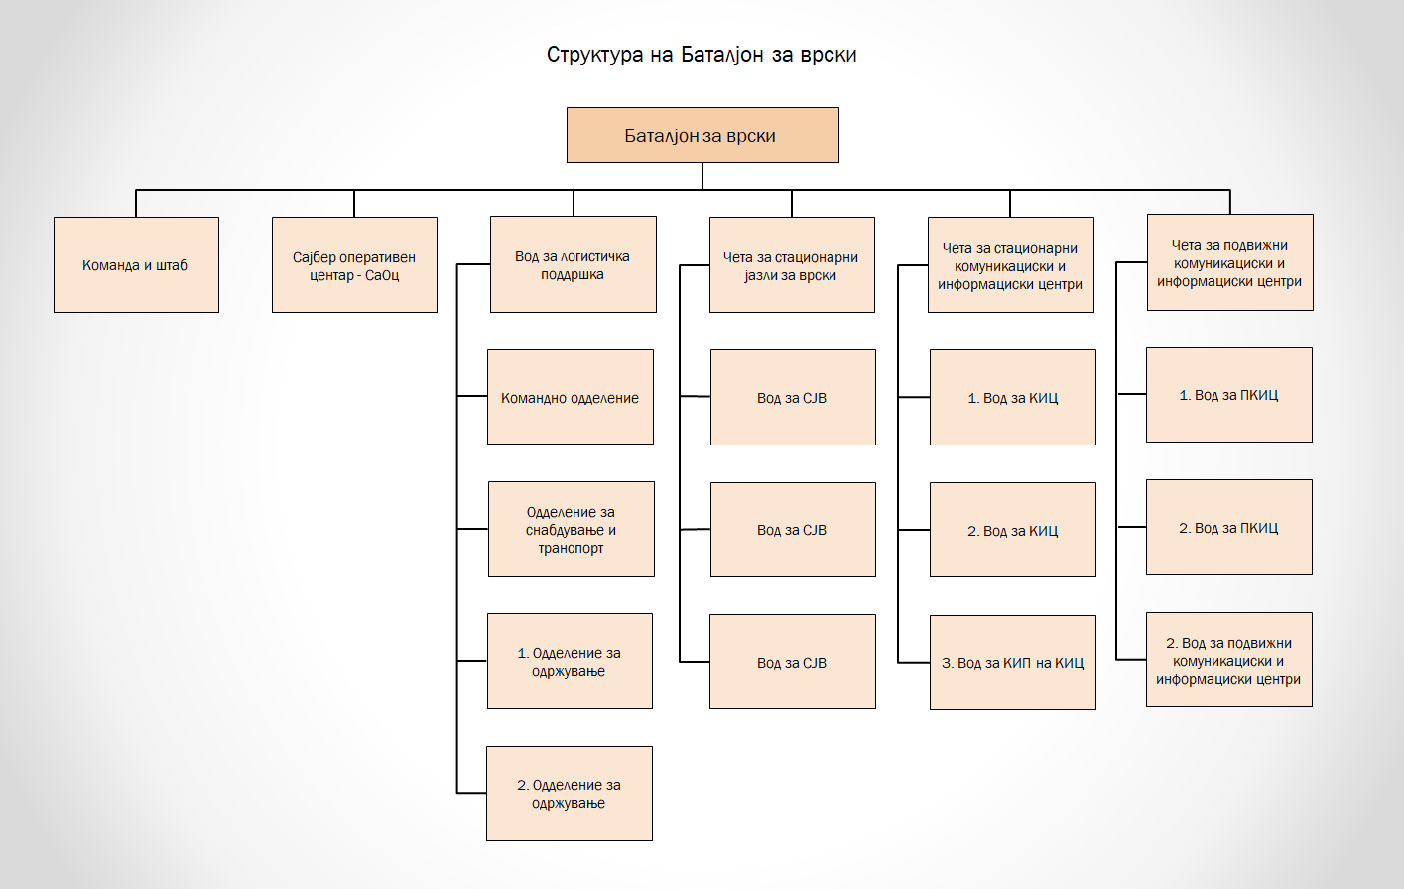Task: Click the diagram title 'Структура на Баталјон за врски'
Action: point(702,55)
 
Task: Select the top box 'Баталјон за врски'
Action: point(702,135)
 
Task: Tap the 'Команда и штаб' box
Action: point(136,265)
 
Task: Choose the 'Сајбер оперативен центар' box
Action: point(354,265)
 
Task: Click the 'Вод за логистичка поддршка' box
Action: point(573,265)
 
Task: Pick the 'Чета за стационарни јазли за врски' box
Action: point(792,265)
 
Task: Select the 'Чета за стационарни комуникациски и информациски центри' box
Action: point(1010,265)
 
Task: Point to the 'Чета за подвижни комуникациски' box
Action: point(1229,263)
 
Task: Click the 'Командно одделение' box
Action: point(571,397)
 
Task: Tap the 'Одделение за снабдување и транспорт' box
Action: point(571,529)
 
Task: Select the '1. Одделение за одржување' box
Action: point(570,661)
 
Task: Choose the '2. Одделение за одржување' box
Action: point(570,794)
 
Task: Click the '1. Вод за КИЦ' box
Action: point(1012,397)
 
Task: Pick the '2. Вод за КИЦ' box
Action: point(1012,530)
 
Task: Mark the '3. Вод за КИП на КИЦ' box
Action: point(1012,663)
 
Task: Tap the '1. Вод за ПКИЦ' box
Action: point(1228,395)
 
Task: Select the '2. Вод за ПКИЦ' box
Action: point(1228,527)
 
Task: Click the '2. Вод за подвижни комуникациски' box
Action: point(1228,660)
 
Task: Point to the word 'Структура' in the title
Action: point(594,55)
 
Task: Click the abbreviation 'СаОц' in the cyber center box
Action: point(382,275)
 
